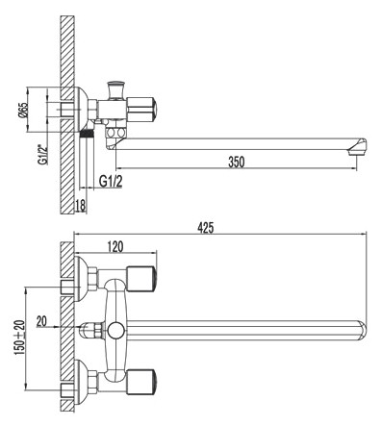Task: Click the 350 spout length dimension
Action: [234, 162]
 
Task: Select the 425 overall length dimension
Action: [206, 228]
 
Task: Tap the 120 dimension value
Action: [115, 247]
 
